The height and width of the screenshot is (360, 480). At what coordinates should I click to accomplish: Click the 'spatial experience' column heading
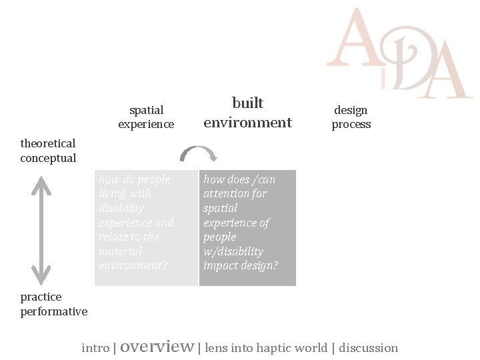click(146, 117)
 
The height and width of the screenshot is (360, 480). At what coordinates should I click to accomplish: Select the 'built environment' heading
click(247, 113)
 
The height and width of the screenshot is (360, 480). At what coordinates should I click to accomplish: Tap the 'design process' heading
click(351, 117)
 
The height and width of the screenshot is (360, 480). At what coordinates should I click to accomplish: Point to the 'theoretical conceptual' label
click(48, 151)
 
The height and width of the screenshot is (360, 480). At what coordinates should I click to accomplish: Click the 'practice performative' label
click(53, 304)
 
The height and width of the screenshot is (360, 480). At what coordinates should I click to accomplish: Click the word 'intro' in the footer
click(96, 348)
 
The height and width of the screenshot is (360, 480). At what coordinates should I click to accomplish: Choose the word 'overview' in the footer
click(157, 347)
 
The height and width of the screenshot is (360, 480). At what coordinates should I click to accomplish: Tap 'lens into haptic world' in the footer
click(266, 348)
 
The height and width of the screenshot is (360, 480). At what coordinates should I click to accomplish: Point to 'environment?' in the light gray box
click(133, 265)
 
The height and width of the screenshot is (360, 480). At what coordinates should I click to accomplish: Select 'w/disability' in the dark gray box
click(233, 251)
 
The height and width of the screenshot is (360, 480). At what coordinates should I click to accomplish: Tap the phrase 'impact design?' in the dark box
click(240, 265)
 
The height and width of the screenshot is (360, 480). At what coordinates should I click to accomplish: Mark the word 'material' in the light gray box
click(121, 251)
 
